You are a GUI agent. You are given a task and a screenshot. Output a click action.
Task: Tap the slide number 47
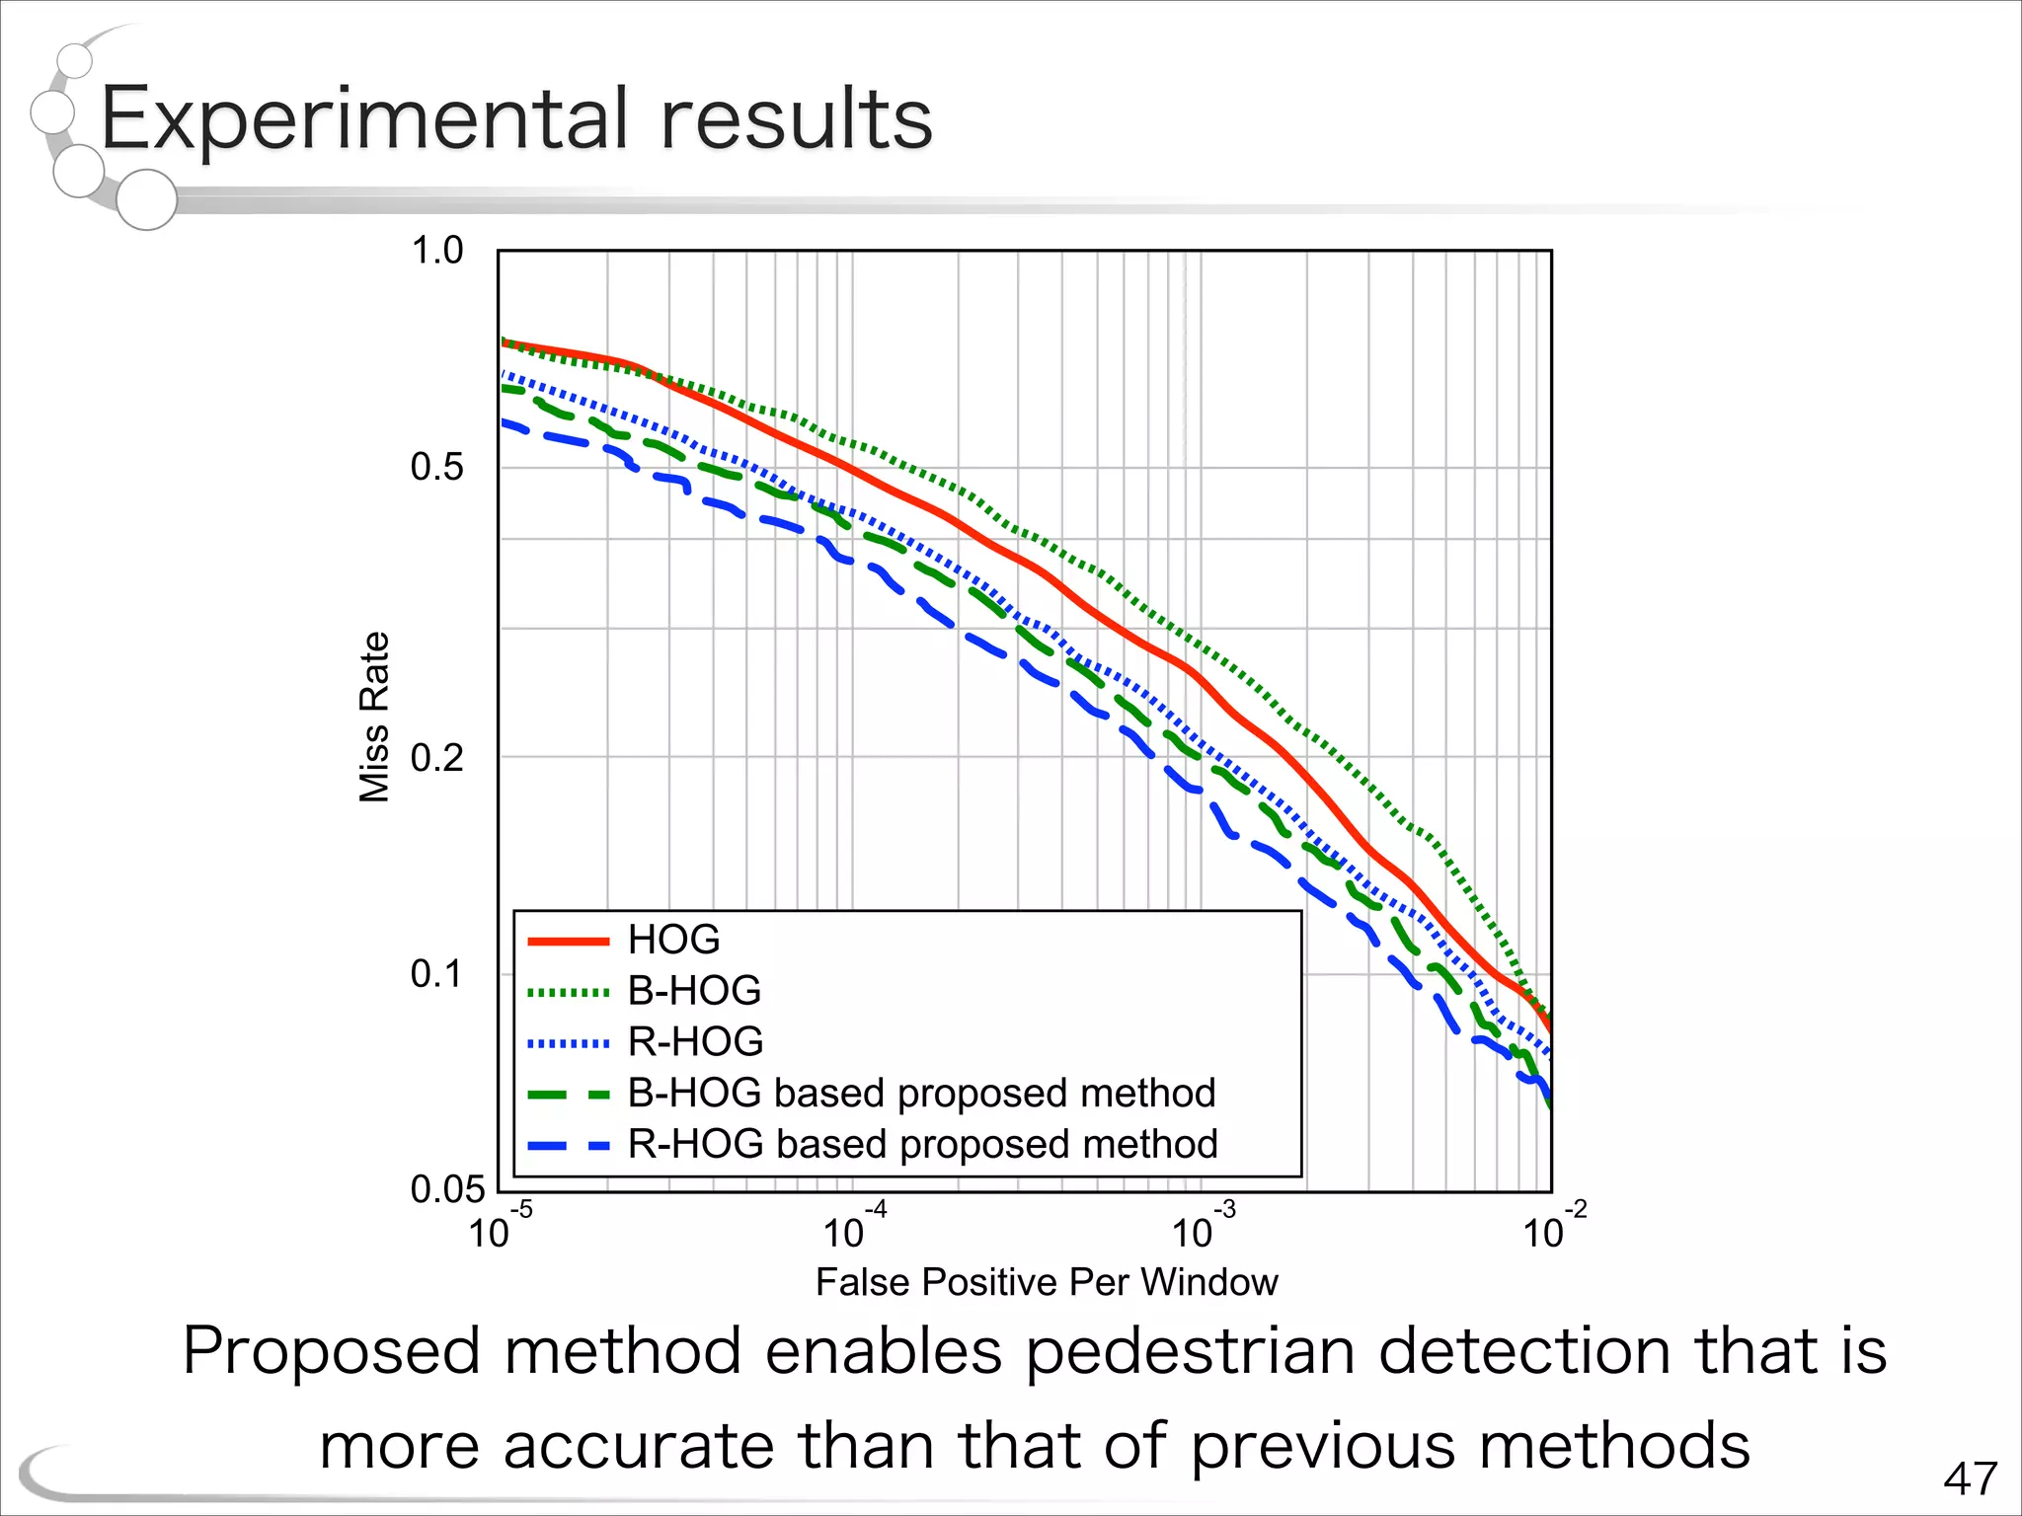click(x=1970, y=1478)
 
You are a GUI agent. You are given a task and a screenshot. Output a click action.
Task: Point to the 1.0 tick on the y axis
click(x=436, y=251)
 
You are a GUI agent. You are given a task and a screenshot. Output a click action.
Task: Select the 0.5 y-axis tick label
click(x=436, y=467)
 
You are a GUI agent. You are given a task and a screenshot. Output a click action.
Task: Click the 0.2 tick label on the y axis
click(x=436, y=758)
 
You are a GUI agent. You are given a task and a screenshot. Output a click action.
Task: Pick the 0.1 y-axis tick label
click(x=436, y=974)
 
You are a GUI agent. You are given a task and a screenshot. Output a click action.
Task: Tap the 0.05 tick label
click(x=448, y=1189)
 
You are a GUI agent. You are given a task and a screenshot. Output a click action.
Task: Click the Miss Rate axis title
click(x=374, y=718)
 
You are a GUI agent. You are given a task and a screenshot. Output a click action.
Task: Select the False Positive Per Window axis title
click(x=1047, y=1282)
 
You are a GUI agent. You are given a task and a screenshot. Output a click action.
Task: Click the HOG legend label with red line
click(x=673, y=940)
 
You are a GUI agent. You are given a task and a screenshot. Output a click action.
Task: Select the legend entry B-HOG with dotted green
click(x=694, y=991)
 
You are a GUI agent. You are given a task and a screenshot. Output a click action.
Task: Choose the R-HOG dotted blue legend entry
click(x=695, y=1042)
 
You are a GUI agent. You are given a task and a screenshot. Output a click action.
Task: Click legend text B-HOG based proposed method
click(x=921, y=1094)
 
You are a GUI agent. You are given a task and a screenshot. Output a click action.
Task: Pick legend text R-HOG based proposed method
click(x=922, y=1145)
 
